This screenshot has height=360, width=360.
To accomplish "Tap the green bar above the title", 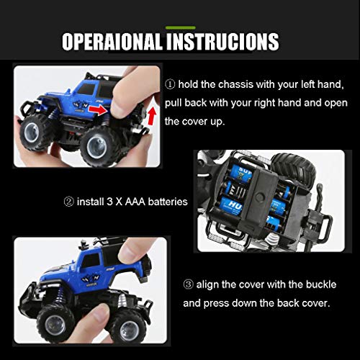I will [179, 27].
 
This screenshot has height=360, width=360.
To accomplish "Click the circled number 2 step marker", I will [69, 202].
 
